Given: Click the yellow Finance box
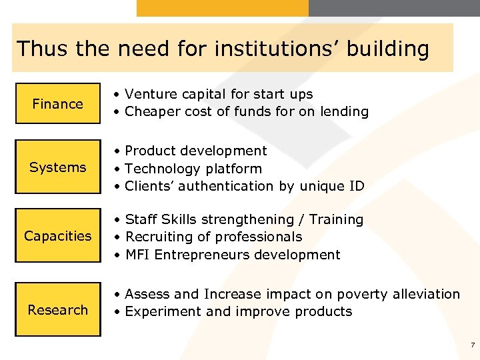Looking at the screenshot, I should point(58,103).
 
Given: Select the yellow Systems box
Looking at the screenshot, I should point(58,167).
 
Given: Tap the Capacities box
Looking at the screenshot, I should point(58,235).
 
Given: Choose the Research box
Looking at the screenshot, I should point(58,309).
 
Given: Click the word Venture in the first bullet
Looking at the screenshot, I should point(150,95).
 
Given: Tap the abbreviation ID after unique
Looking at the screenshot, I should point(357,186).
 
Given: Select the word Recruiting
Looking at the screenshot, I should point(158,237).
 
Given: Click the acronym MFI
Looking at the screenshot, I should point(138,255).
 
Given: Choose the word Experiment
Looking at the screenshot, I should point(161,311).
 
